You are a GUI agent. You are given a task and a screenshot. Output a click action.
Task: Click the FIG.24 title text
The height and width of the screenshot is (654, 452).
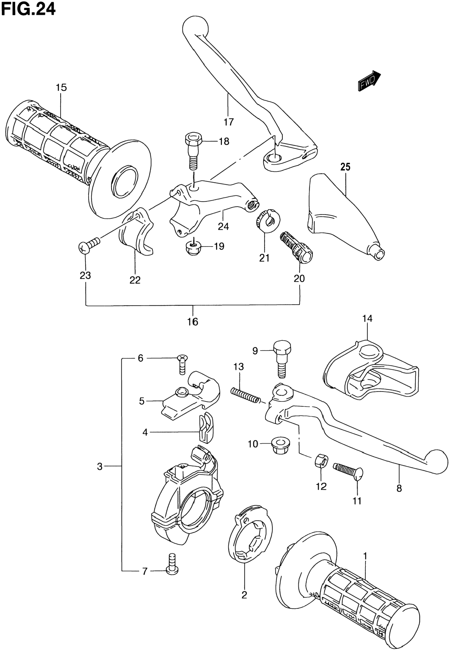click(x=28, y=9)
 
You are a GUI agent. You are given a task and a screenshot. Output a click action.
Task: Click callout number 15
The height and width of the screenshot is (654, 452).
click(x=61, y=87)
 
